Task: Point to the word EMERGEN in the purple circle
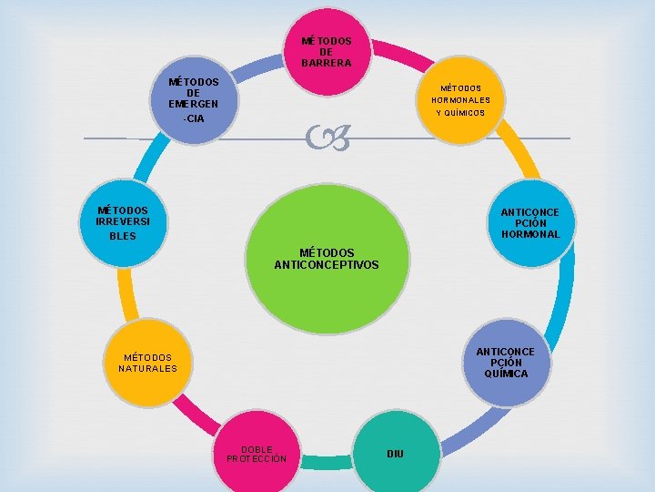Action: (194, 104)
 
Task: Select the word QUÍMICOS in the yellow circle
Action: (459, 113)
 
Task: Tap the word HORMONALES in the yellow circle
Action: (460, 100)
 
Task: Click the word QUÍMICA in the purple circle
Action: (506, 374)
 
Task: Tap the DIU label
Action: (395, 454)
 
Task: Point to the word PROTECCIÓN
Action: (257, 458)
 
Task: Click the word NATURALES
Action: (147, 369)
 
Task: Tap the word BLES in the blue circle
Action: (122, 236)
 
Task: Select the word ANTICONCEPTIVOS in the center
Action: (327, 265)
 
